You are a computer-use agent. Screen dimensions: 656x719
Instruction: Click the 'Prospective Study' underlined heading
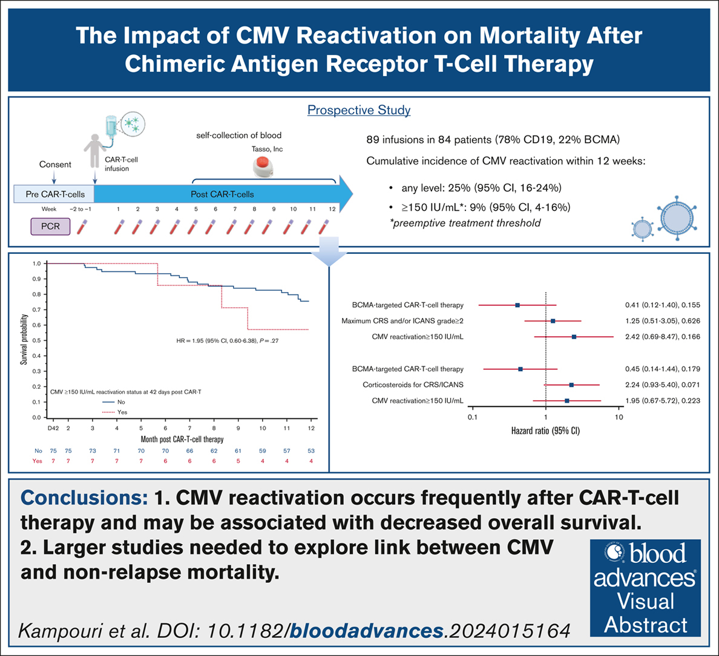(359, 110)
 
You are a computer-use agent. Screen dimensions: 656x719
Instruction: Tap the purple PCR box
(51, 227)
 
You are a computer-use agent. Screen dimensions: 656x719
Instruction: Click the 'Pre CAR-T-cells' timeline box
(54, 194)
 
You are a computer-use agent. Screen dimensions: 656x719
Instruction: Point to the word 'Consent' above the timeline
(55, 164)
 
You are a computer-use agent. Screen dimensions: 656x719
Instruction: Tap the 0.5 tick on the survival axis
(37, 340)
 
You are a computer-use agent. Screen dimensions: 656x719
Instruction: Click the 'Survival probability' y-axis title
(24, 340)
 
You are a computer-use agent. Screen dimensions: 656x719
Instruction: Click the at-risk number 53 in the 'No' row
(310, 451)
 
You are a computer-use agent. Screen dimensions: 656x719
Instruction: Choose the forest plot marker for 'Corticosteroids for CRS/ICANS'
(571, 385)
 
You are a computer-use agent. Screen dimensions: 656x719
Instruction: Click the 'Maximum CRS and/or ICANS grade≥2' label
(402, 321)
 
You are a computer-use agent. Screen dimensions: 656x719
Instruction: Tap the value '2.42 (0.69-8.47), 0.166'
(662, 337)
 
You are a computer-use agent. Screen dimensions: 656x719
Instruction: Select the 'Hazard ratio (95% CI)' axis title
(545, 431)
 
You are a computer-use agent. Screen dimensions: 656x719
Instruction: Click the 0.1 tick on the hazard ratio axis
(472, 418)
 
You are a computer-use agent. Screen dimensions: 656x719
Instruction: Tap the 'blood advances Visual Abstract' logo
(645, 588)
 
